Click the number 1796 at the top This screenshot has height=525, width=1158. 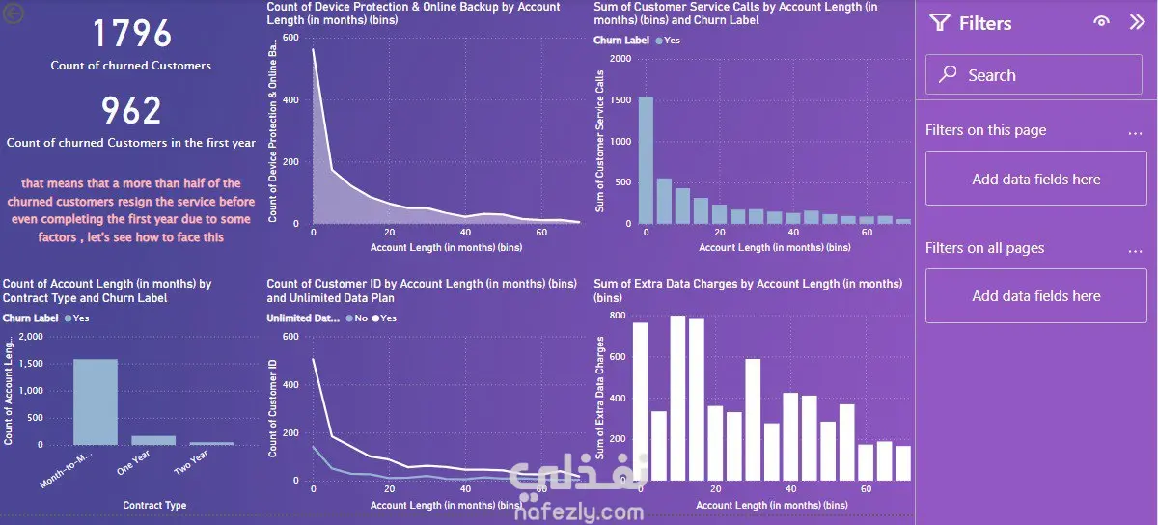[x=132, y=35]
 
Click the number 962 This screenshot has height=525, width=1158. [x=132, y=111]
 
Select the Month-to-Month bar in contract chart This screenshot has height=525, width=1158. [x=95, y=401]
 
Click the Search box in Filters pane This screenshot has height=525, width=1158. [x=1034, y=75]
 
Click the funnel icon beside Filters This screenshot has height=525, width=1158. [x=939, y=23]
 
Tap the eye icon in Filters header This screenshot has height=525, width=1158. [x=1101, y=22]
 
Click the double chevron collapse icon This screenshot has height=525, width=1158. [x=1137, y=22]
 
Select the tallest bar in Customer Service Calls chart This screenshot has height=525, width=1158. [x=647, y=160]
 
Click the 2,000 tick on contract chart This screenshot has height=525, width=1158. [x=31, y=337]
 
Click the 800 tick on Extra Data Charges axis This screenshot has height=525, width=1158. [x=615, y=316]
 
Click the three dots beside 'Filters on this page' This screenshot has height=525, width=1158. [x=1135, y=132]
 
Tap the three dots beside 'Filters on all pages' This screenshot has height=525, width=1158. [x=1135, y=250]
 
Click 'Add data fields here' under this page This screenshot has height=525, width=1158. [x=1035, y=179]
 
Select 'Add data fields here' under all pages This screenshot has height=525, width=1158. [x=1035, y=296]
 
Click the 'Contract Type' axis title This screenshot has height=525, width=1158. [x=154, y=505]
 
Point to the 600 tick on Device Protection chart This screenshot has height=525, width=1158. [x=290, y=39]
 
